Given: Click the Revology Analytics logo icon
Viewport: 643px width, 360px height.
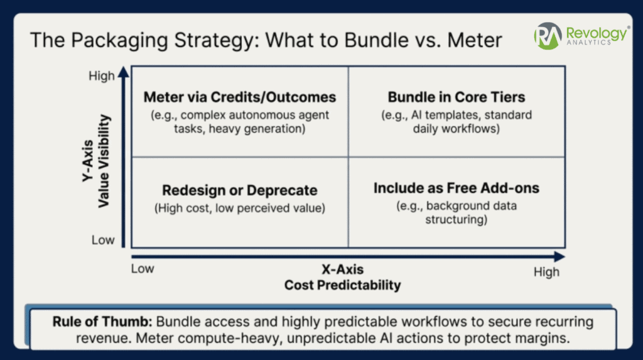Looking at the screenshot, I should click(548, 36).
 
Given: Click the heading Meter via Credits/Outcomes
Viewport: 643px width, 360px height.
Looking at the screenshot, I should click(240, 97).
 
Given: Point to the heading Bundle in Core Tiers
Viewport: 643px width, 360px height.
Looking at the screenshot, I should click(457, 97).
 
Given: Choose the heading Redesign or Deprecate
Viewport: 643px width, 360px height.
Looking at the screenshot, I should click(240, 190).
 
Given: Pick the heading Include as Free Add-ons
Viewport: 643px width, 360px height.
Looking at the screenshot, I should click(457, 188).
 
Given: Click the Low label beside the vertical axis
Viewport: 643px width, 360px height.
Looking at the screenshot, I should click(102, 240).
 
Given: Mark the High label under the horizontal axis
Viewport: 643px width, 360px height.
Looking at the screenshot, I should click(546, 271).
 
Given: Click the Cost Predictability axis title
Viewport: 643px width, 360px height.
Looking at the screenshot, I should click(342, 285).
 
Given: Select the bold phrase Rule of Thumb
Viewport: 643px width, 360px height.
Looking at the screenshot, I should click(101, 322).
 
